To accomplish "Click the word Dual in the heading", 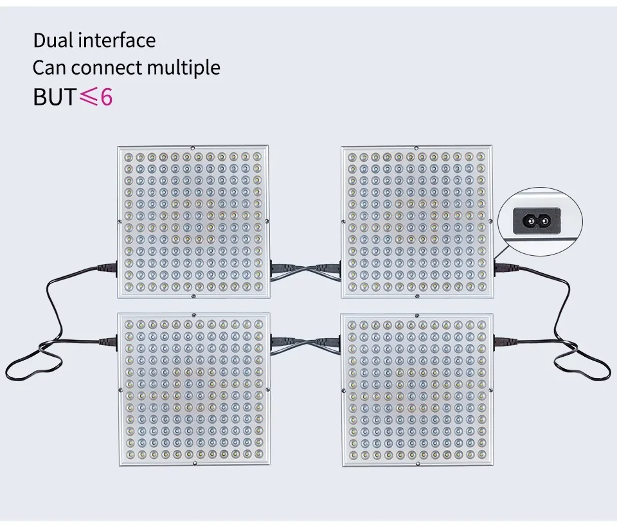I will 53,40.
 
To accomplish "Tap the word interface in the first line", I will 117,40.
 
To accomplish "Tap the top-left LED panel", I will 193,222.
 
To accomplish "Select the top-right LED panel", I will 417,222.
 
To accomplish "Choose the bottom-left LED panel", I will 193,390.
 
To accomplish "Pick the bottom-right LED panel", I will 417,390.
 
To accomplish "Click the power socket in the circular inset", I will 535,221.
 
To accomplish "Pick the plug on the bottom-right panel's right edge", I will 503,341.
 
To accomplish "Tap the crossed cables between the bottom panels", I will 305,343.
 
